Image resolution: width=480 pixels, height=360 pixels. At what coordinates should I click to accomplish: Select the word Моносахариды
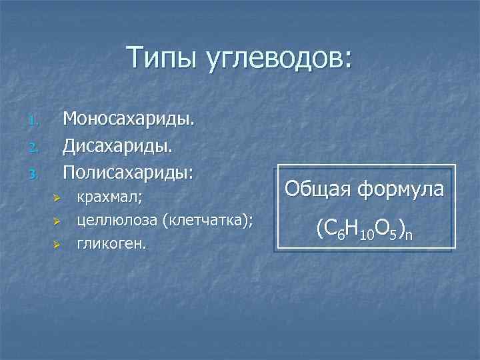point(129,119)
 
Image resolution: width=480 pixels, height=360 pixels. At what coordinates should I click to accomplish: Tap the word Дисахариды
point(119,145)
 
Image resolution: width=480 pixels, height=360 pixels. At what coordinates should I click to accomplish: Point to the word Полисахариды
point(127,171)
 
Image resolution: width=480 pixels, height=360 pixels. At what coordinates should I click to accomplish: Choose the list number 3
point(35,174)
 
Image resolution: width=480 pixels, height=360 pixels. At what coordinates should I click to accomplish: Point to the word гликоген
point(111,244)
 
